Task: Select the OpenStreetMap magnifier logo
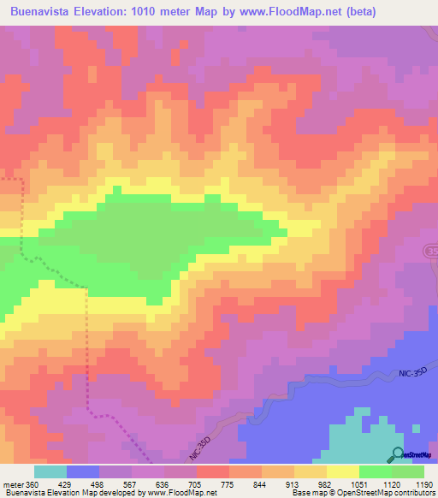click(x=398, y=454)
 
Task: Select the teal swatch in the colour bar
click(x=50, y=472)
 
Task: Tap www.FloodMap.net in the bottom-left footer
click(x=180, y=492)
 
